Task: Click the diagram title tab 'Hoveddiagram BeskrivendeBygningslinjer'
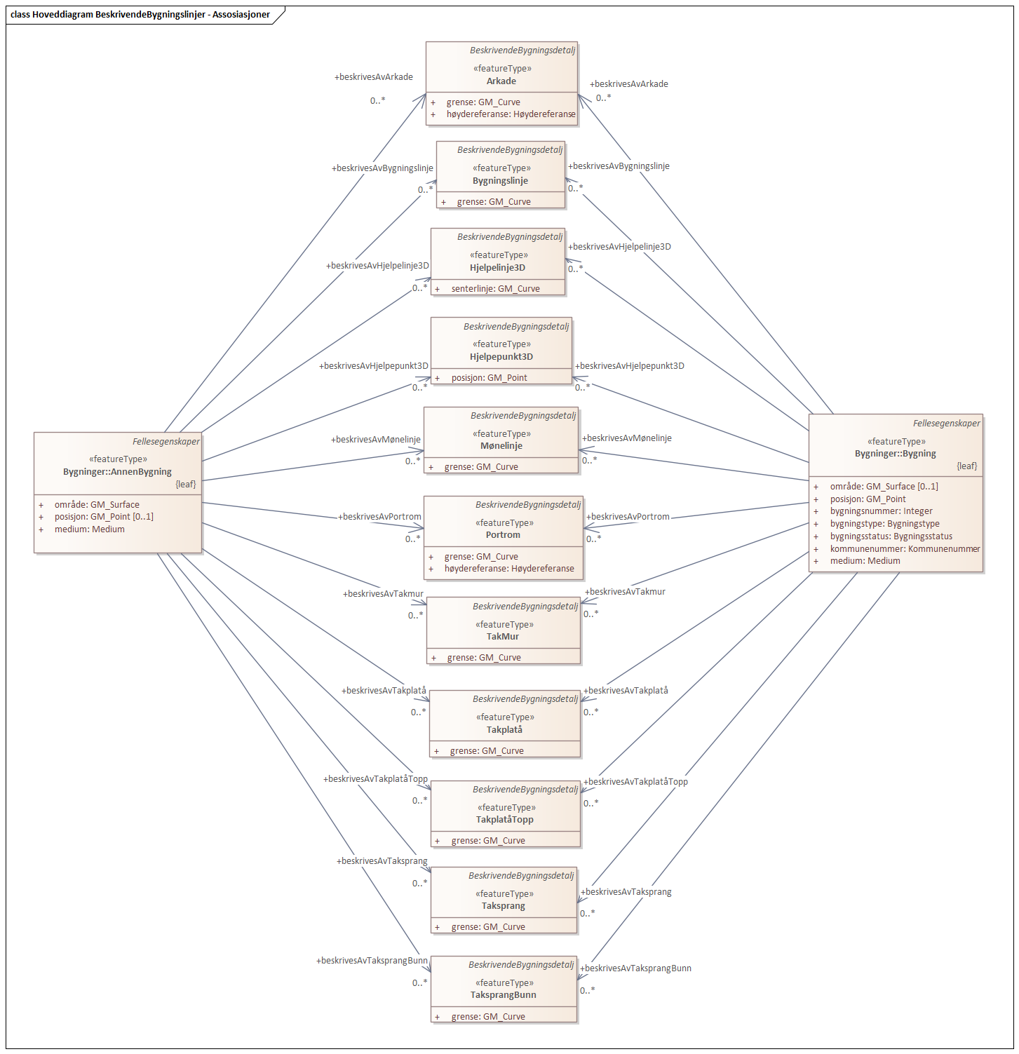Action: coord(140,14)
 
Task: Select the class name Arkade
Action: coord(501,81)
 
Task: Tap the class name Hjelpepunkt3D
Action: coord(501,357)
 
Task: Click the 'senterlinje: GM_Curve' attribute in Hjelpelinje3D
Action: coord(495,289)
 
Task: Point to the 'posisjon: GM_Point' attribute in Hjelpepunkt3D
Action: coord(489,378)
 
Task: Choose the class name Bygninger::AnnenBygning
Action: coord(117,472)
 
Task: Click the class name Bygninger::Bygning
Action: coord(895,454)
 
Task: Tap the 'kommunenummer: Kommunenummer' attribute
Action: coord(905,549)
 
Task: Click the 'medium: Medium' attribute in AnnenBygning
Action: coord(89,529)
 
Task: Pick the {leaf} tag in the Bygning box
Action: coord(966,466)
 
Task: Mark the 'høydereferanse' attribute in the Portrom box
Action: coord(508,569)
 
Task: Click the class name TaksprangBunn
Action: coord(503,995)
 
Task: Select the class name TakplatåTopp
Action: coord(504,820)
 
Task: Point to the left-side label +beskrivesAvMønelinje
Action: coord(375,440)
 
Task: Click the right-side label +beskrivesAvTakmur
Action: coord(625,592)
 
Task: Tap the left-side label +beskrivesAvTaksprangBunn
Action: coord(372,961)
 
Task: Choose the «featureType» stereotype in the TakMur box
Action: coord(504,625)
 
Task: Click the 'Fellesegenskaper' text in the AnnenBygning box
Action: coord(166,442)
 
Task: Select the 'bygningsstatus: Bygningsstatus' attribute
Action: coord(891,536)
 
